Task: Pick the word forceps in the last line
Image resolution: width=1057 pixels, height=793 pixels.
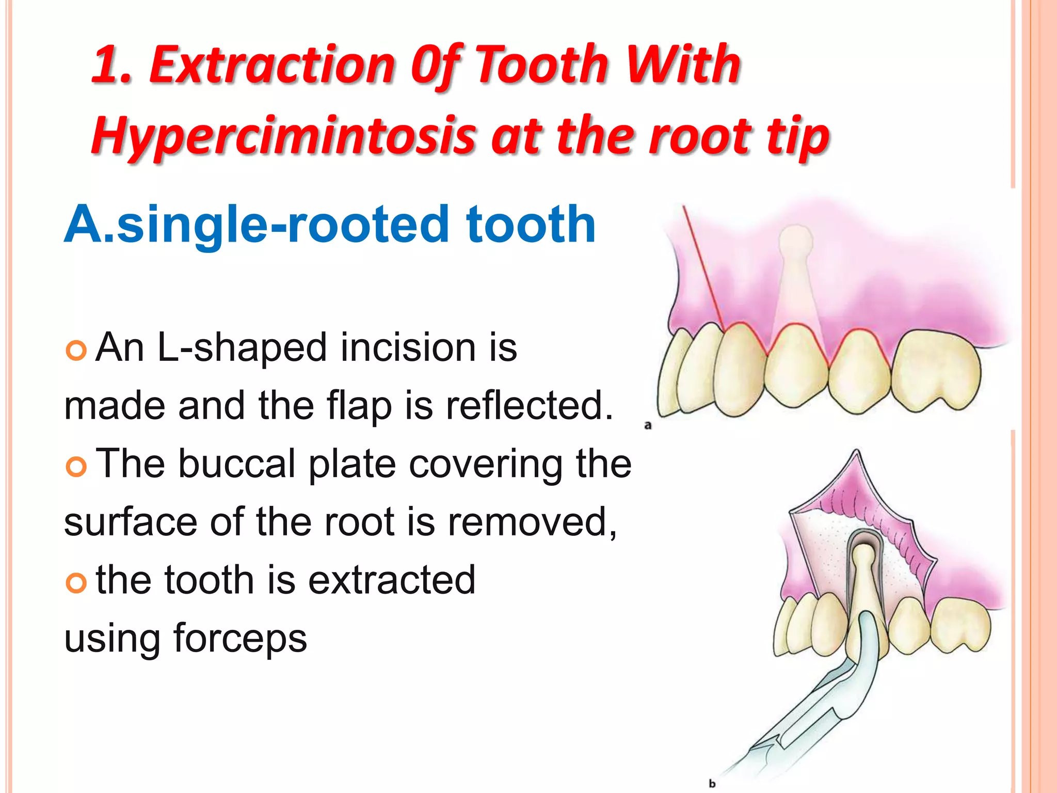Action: tap(240, 638)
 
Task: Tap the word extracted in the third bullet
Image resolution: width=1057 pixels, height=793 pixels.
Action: tap(392, 580)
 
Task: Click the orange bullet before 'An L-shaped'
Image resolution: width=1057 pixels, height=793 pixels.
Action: tap(76, 351)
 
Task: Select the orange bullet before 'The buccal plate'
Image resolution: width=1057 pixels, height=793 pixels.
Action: tap(76, 467)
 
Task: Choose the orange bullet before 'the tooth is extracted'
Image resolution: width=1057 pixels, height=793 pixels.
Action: tap(76, 583)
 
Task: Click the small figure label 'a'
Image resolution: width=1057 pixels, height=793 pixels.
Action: tap(648, 426)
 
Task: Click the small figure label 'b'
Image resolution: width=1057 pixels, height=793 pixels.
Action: tap(712, 783)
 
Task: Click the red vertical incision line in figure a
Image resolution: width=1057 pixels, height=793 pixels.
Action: tap(702, 263)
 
